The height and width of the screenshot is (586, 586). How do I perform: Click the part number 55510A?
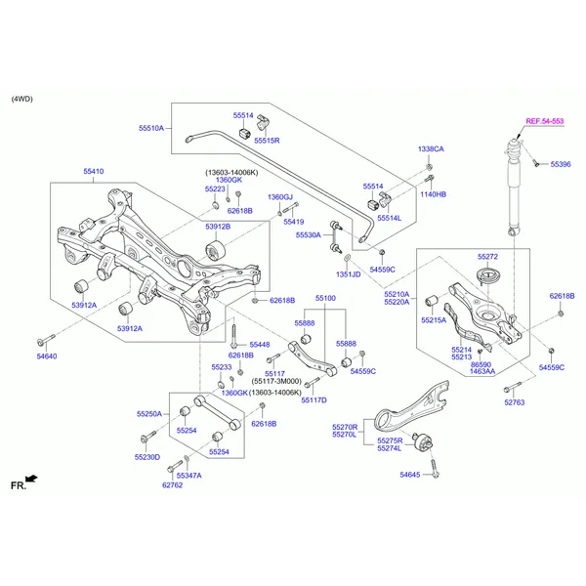point(151,128)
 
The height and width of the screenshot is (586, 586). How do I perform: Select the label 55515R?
point(268,141)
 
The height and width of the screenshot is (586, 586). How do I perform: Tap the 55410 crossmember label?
point(94,171)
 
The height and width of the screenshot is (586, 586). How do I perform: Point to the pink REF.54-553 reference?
point(544,121)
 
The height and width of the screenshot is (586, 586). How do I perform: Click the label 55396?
point(561,165)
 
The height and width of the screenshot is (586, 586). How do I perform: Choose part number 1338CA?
point(431,149)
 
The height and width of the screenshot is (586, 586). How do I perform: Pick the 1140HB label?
point(433,194)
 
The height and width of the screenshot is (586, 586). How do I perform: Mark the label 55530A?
point(308,235)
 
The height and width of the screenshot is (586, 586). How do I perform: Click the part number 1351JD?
point(348,274)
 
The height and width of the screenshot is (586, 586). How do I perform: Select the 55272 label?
point(487,257)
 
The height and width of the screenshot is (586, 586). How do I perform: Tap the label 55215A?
point(434,319)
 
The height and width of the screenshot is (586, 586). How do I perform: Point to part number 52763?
point(514,402)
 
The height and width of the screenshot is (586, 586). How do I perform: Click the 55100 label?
point(325,298)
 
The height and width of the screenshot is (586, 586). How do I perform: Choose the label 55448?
point(259,345)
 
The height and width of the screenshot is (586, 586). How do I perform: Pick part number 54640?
point(47,357)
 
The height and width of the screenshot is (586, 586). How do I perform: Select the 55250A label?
point(148,414)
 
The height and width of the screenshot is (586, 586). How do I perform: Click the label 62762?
point(172,484)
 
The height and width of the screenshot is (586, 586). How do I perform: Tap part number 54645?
point(409,475)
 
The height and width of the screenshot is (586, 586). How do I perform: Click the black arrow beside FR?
point(32,479)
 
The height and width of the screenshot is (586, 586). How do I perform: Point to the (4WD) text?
point(21,100)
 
